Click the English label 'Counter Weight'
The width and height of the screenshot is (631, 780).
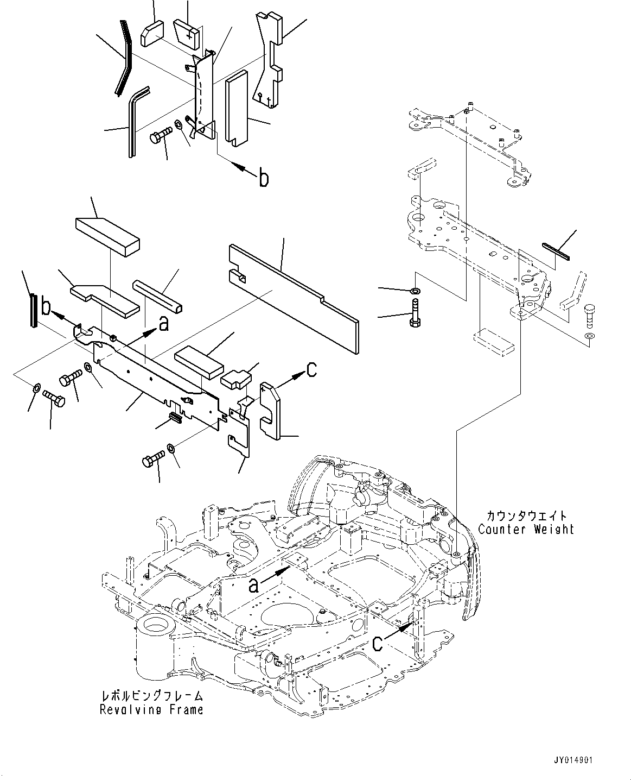click(526, 529)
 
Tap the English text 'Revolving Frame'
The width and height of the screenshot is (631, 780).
click(151, 709)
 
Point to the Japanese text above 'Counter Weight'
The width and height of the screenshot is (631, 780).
click(526, 515)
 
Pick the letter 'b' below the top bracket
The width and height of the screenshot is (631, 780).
click(264, 178)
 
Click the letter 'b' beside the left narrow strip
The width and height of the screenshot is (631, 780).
click(46, 307)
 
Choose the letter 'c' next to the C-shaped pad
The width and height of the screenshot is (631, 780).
click(311, 369)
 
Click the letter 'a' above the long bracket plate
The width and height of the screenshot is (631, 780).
click(162, 324)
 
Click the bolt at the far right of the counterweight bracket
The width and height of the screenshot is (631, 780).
click(590, 316)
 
